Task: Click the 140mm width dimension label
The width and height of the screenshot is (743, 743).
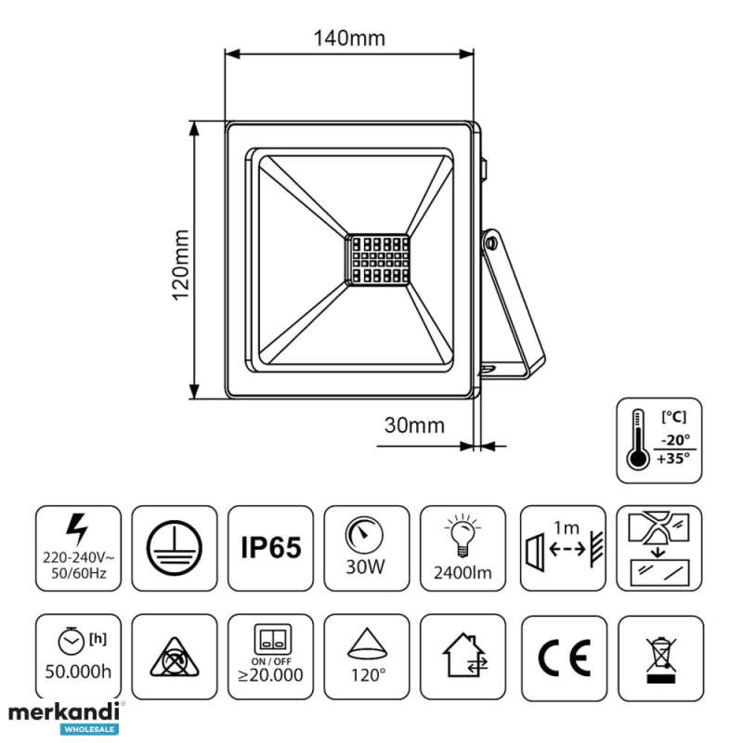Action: [x=350, y=38]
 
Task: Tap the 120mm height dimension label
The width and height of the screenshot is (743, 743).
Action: [x=180, y=266]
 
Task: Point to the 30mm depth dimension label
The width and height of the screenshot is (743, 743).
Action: [x=414, y=425]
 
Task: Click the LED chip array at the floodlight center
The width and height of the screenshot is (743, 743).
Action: [x=377, y=260]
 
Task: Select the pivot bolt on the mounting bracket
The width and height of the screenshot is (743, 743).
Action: [x=491, y=243]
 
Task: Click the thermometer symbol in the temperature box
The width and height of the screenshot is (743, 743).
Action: [x=637, y=439]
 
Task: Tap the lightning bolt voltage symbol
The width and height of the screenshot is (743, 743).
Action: [x=78, y=528]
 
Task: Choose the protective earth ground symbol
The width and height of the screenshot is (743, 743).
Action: [x=175, y=548]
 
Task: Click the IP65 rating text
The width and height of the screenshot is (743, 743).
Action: [x=270, y=547]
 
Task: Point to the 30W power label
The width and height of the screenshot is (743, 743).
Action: [x=365, y=567]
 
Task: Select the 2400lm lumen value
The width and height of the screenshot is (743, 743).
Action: [x=463, y=573]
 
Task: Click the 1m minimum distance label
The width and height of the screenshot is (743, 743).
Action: [x=567, y=528]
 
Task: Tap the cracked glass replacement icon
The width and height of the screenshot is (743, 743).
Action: [x=659, y=549]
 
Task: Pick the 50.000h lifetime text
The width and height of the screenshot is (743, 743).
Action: [x=78, y=671]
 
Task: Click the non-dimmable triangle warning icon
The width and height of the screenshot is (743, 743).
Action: [x=175, y=658]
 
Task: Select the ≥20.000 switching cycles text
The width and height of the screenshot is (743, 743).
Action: [x=270, y=675]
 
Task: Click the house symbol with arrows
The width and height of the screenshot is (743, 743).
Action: [x=464, y=656]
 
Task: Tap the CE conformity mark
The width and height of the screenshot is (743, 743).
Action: [x=565, y=658]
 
